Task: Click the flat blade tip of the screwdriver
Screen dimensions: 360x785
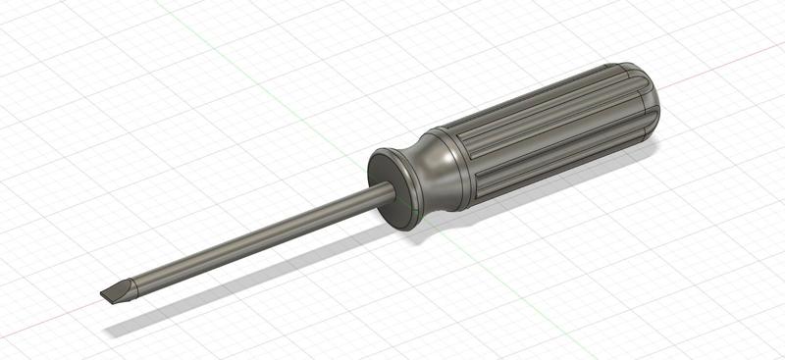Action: pos(113,291)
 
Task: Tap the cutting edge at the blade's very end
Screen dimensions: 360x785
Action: pos(102,296)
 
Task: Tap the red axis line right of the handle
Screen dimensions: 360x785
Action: pos(726,62)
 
